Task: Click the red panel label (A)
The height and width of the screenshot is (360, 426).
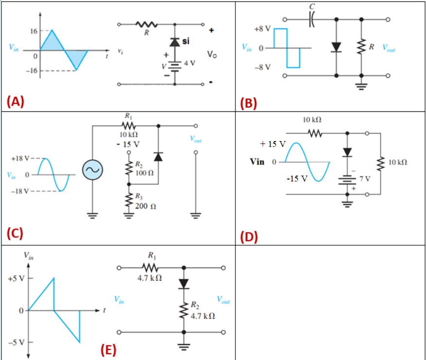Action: pos(15,102)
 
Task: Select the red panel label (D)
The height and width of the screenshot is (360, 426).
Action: pos(249,237)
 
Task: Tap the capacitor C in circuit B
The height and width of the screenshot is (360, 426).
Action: pos(311,19)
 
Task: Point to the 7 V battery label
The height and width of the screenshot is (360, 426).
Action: pos(365,179)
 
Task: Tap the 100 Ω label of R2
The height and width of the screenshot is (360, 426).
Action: pos(144,173)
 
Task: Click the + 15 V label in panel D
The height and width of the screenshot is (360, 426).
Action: pos(273,144)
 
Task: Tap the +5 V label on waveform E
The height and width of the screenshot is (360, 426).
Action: pos(15,279)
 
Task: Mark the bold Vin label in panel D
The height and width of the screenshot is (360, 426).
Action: pos(257,162)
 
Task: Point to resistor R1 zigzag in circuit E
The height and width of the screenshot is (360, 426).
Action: pos(150,268)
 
